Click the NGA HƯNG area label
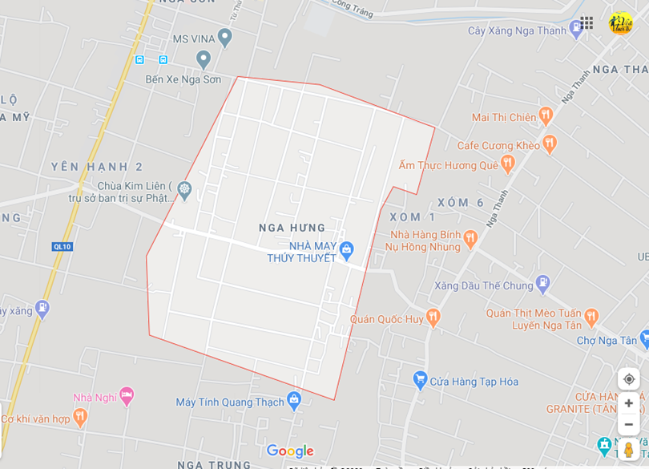[x=292, y=228]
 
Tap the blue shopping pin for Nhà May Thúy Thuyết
[x=346, y=250]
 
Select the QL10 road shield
[x=62, y=246]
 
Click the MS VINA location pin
[x=224, y=37]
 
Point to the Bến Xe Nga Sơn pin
[x=204, y=59]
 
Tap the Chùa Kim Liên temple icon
[x=185, y=190]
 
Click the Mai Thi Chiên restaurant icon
[x=546, y=116]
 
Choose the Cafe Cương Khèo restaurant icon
[x=549, y=144]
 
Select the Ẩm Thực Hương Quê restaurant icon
[x=507, y=164]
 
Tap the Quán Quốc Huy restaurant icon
[x=433, y=317]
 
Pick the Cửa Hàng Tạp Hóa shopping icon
[x=420, y=380]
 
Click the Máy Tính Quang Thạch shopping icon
[x=294, y=399]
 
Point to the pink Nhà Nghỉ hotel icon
[x=127, y=395]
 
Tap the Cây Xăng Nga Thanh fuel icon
[x=575, y=30]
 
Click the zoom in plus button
[x=629, y=403]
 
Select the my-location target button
[x=629, y=379]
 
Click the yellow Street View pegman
[x=629, y=449]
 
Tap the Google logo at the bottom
[x=290, y=451]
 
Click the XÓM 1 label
[x=413, y=217]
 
